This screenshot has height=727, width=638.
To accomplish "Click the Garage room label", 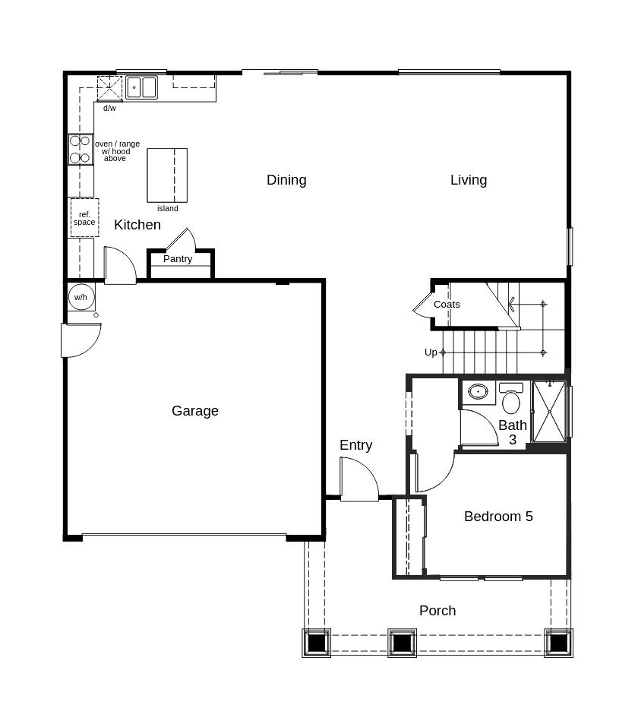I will [x=195, y=411].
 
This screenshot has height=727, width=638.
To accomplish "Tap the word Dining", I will [x=286, y=180].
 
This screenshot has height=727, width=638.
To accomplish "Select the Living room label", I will [x=469, y=180].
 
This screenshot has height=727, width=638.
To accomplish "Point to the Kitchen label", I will [x=137, y=225].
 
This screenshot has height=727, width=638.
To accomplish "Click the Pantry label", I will [x=178, y=259].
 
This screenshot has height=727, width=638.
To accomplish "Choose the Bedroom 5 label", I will [x=498, y=517].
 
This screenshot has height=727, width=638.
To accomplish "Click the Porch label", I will [x=437, y=611].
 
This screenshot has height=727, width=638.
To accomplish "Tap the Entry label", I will [x=355, y=445].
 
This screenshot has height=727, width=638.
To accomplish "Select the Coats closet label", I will [x=447, y=305].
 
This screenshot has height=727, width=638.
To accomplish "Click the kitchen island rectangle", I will [x=167, y=175].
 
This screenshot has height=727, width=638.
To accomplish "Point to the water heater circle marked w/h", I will [x=81, y=296].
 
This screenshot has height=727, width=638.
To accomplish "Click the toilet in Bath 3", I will [x=511, y=400].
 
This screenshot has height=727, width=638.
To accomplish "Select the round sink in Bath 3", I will [x=478, y=392].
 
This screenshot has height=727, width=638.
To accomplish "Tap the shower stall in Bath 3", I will [x=549, y=411].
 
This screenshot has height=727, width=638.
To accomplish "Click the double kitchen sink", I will [x=141, y=87].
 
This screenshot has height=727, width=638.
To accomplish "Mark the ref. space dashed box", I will [x=84, y=218].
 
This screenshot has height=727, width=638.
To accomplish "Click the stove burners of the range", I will [x=80, y=150].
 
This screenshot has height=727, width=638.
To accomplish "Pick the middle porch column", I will [x=402, y=643].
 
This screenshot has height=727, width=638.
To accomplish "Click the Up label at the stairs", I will [x=431, y=352].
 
